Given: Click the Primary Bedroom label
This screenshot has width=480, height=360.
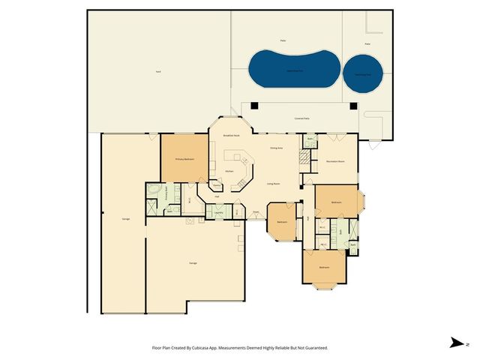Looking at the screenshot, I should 184,160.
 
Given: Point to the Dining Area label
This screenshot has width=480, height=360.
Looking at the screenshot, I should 276,148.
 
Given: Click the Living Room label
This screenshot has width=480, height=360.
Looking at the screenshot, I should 274,183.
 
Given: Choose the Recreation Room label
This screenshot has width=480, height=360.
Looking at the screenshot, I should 334,160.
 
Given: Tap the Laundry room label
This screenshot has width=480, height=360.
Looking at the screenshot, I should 220,213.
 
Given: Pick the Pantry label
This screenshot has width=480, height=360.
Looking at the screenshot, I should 217,184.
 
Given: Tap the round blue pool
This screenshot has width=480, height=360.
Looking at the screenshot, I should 363,72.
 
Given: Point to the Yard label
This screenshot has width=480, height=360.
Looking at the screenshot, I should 158,72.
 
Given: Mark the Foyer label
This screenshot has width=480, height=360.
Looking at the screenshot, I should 256,212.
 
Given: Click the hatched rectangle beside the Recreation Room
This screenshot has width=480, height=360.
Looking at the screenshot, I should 304,157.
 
